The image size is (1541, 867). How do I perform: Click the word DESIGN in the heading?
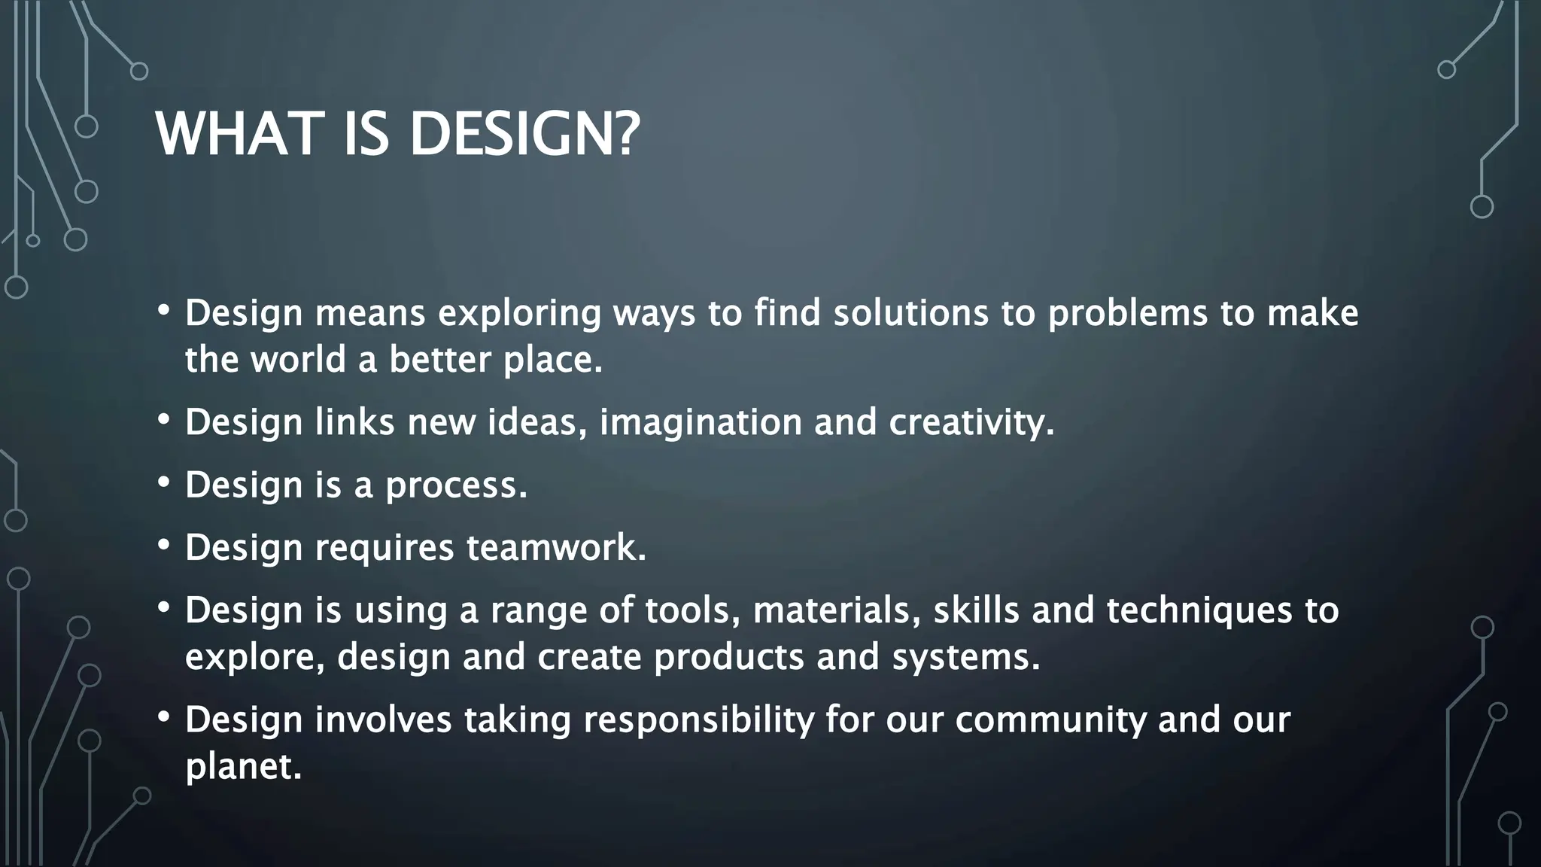[512, 134]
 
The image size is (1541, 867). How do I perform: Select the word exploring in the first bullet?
[519, 314]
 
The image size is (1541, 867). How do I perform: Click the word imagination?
[700, 423]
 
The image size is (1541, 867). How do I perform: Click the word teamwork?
[555, 547]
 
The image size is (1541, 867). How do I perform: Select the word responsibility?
[698, 720]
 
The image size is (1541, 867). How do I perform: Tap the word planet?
[242, 768]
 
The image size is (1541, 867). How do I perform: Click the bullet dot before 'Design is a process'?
[164, 482]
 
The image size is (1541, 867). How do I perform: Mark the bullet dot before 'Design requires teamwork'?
[164, 545]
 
